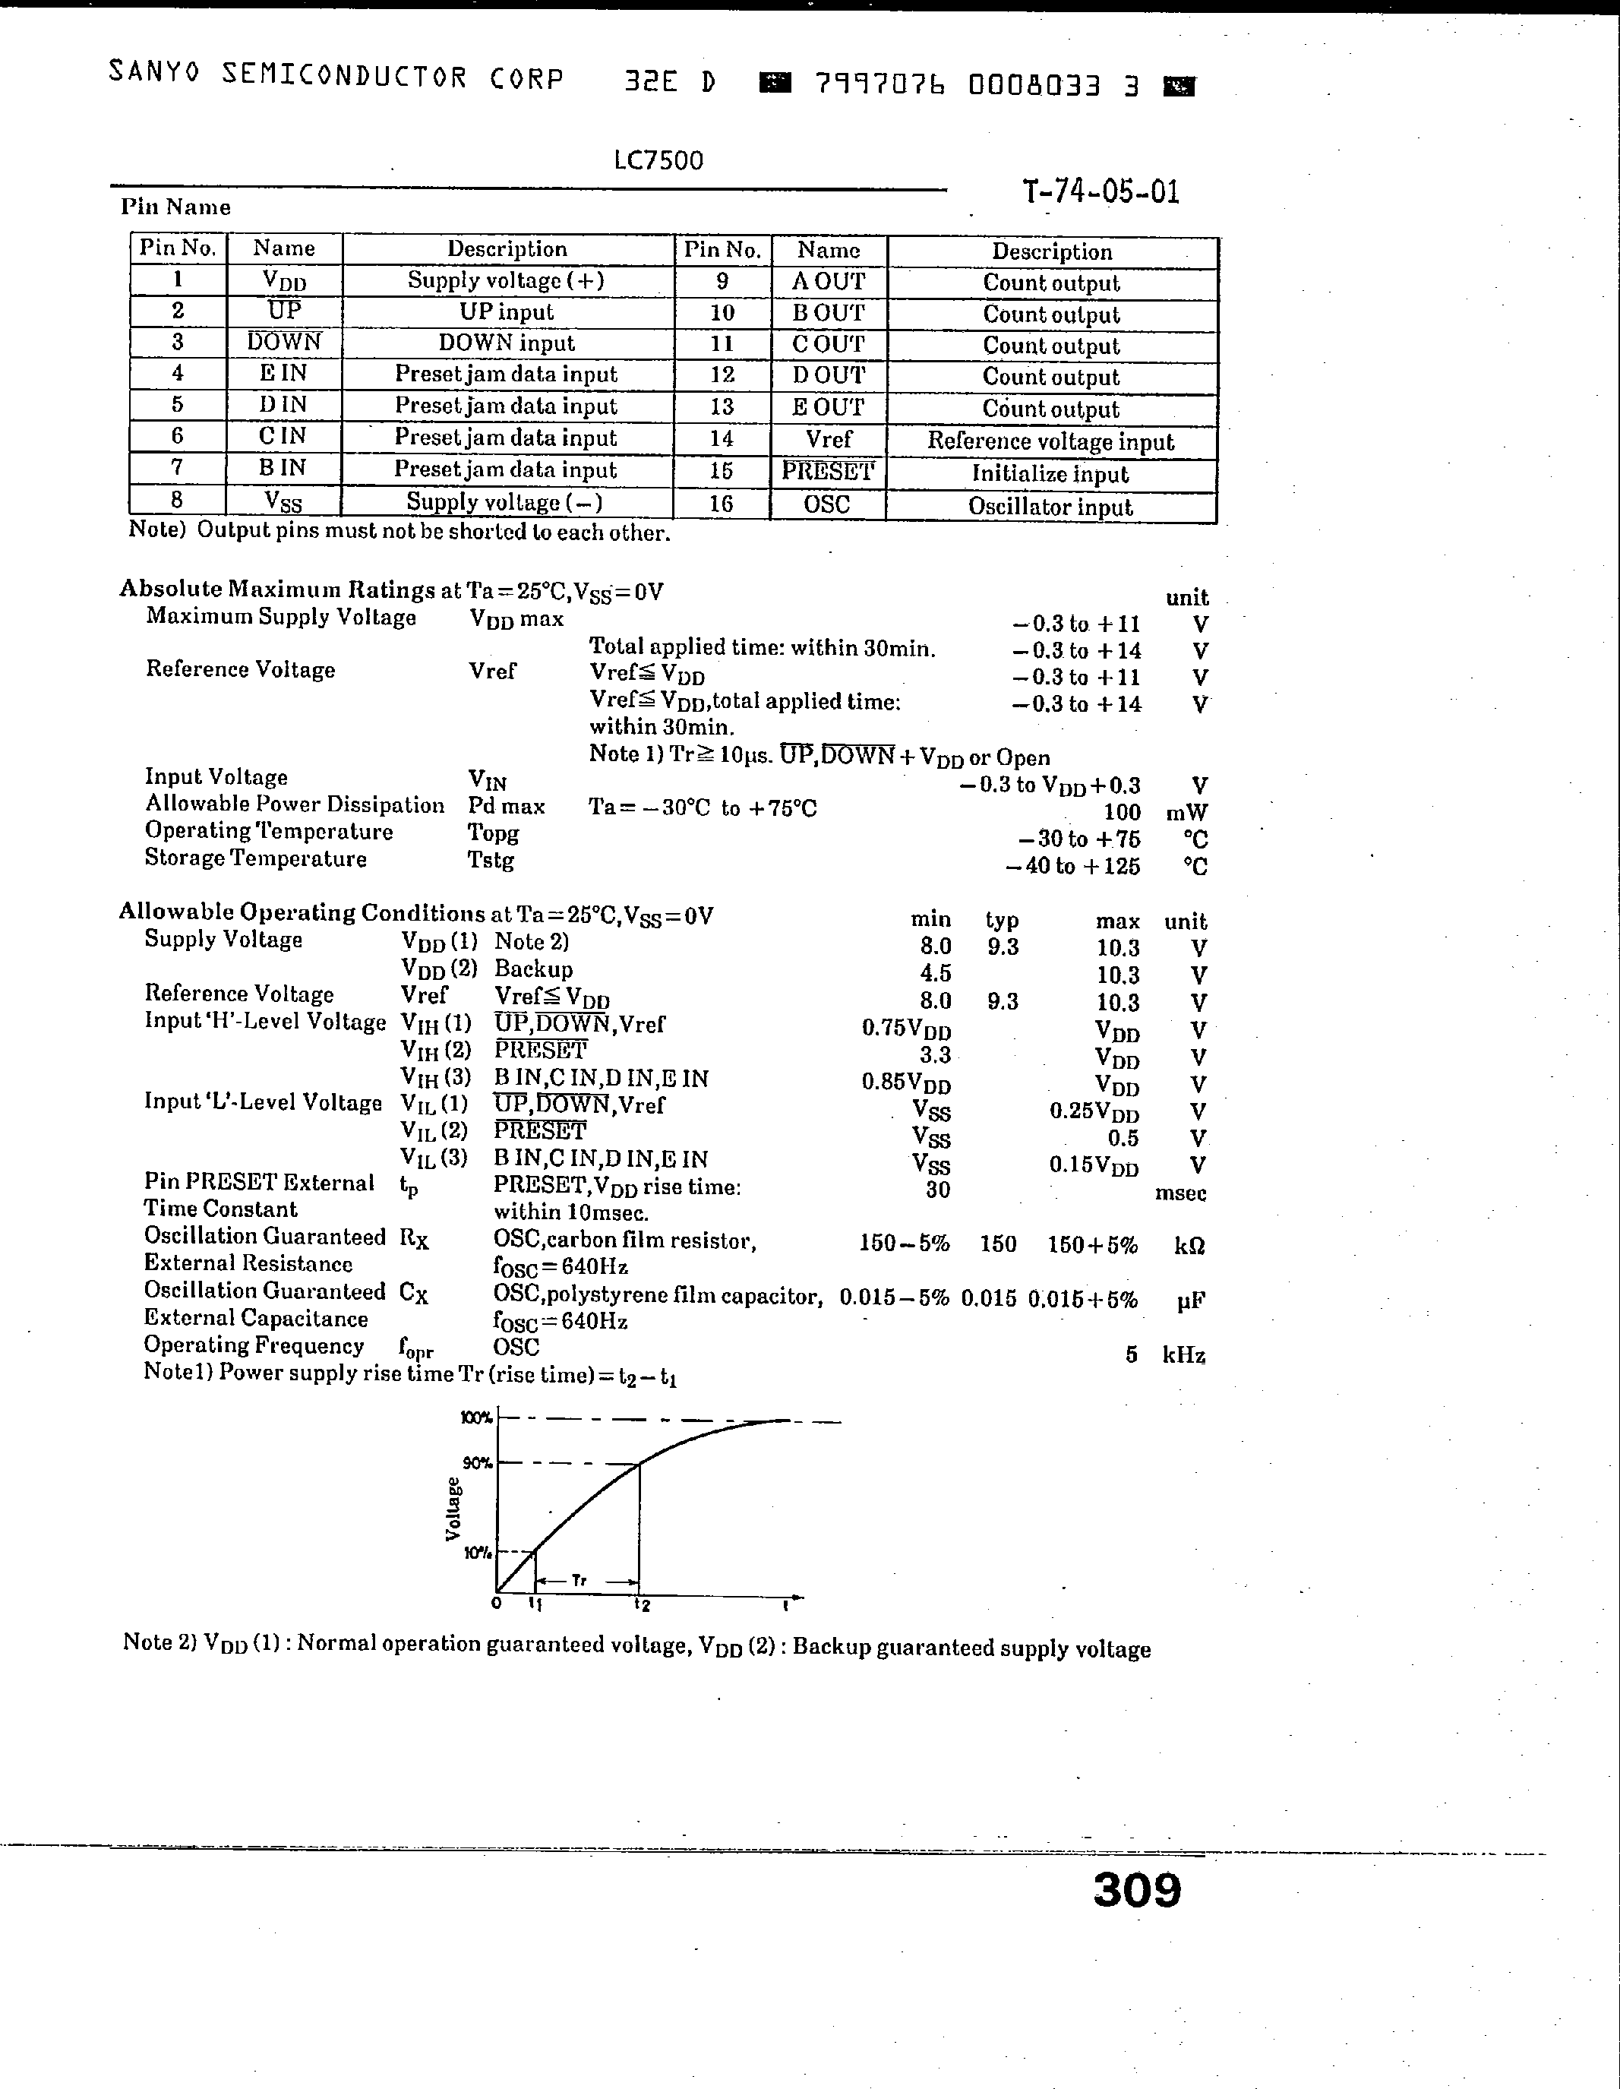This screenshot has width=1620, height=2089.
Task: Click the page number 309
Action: [x=1136, y=1890]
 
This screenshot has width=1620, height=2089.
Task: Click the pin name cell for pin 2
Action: [x=284, y=311]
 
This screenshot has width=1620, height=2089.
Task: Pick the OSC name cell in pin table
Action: [x=827, y=505]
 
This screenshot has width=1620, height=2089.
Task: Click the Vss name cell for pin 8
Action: [x=284, y=501]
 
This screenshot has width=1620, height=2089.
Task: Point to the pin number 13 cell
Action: [x=722, y=406]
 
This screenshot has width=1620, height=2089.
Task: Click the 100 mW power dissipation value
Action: [x=1122, y=813]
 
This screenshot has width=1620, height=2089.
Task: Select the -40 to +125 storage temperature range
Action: [x=1073, y=867]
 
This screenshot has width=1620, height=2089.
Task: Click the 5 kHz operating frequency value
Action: [x=1132, y=1354]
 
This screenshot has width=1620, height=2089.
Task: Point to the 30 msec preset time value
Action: [x=937, y=1190]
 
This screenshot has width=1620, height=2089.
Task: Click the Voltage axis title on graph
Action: [x=453, y=1509]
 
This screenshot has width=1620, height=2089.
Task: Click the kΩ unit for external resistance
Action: [x=1189, y=1245]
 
